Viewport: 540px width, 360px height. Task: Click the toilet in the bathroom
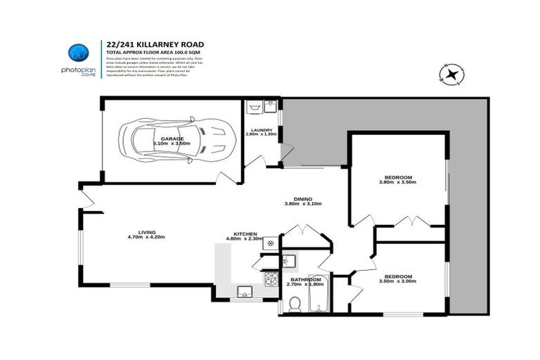pos(295,304)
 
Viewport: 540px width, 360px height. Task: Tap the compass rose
pos(450,72)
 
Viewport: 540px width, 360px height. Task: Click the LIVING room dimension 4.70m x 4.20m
pos(146,238)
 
